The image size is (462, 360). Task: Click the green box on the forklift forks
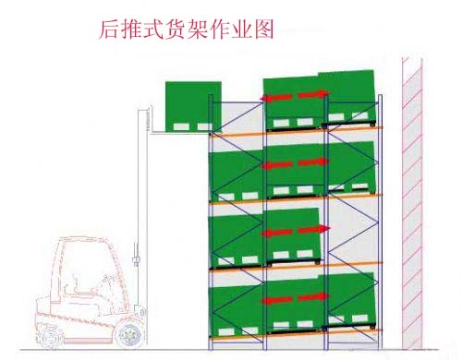(x=193, y=103)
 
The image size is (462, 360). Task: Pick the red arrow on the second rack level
(x=296, y=164)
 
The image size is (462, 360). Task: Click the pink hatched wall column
(x=412, y=203)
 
